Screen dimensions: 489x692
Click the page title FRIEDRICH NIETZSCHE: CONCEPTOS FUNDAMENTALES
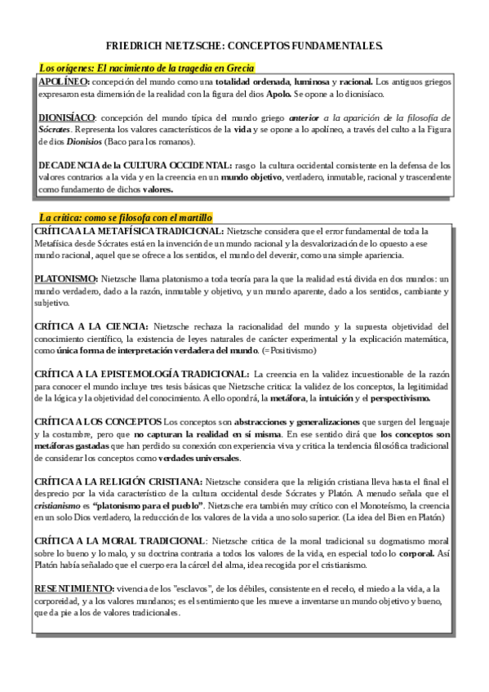click(244, 47)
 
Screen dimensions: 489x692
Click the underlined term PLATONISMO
click(65, 279)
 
